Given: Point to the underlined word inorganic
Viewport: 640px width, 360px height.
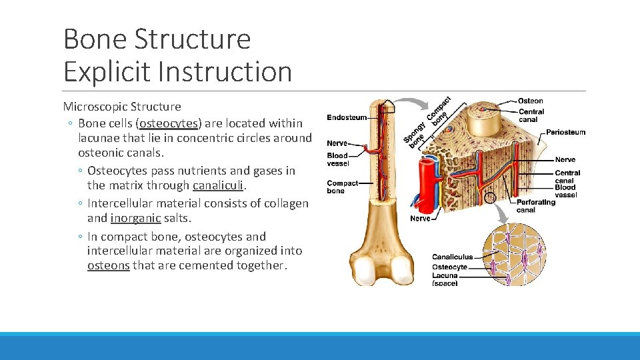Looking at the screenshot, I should pyautogui.click(x=135, y=218).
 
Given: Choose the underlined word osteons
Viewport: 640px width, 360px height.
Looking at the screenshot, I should pyautogui.click(x=108, y=265).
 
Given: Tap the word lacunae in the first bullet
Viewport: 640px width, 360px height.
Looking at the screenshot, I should pyautogui.click(x=101, y=138).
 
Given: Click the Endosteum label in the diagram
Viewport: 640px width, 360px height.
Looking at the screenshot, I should pyautogui.click(x=346, y=118).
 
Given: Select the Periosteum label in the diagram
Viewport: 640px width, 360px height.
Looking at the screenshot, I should pyautogui.click(x=565, y=132).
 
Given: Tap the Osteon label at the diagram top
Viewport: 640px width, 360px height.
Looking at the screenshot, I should pyautogui.click(x=530, y=101).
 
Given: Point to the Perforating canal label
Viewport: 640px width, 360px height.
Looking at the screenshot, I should pyautogui.click(x=535, y=206).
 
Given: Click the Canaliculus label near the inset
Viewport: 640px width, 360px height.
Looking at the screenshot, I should pyautogui.click(x=452, y=257).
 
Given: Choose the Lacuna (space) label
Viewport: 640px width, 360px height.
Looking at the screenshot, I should pyautogui.click(x=445, y=279).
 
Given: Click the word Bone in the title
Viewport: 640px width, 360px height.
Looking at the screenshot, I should pyautogui.click(x=95, y=39).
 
